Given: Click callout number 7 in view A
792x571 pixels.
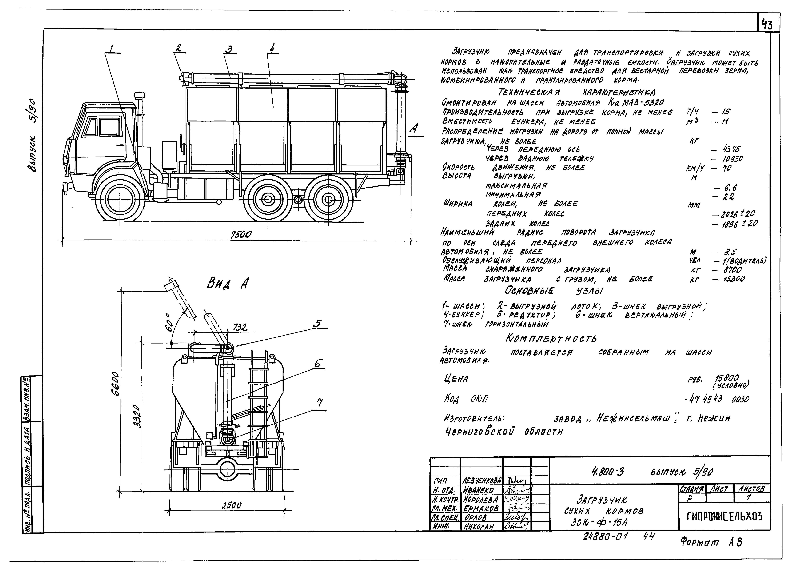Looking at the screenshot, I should [320, 403].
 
